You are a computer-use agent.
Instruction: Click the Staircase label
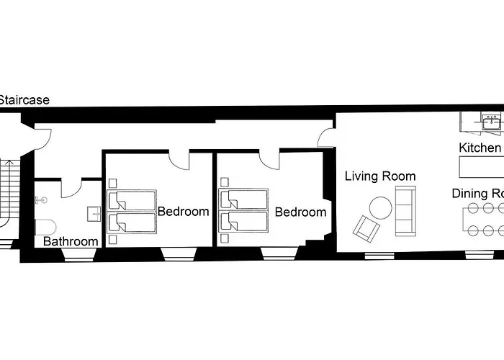tap(24, 100)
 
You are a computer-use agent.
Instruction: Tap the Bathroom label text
tap(71, 241)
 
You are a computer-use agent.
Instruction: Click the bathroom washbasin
tap(94, 213)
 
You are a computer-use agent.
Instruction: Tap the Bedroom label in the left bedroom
tap(183, 212)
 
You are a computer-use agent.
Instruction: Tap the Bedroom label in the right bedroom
tap(300, 212)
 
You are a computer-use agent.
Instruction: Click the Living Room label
tap(379, 176)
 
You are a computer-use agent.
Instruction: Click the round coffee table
tap(381, 208)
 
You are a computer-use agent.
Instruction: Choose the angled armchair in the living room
tap(366, 229)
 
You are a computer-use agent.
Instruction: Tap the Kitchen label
tap(480, 148)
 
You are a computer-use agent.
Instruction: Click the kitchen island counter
tap(481, 168)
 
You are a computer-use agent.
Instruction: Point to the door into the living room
tap(327, 136)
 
